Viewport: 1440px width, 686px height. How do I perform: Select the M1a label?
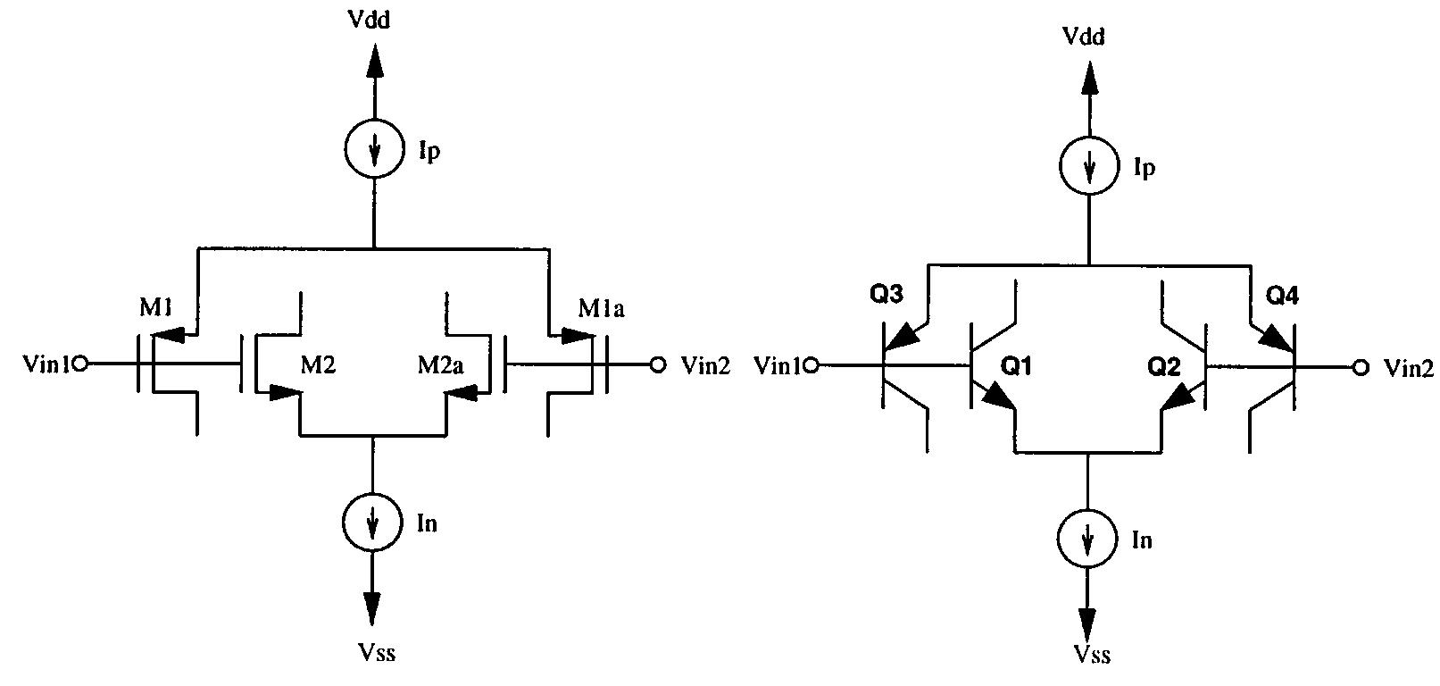pos(600,309)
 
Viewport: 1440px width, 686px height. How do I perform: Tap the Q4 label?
pos(1282,296)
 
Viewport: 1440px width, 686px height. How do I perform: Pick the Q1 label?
pos(1016,365)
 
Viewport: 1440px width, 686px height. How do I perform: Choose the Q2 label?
pos(1162,365)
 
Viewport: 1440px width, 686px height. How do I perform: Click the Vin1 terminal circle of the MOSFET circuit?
pos(79,364)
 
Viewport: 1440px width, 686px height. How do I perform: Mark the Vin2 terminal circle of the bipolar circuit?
pos(1360,366)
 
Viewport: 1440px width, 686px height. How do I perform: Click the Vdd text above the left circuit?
pos(372,20)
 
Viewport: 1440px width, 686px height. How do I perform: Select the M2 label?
pos(317,364)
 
